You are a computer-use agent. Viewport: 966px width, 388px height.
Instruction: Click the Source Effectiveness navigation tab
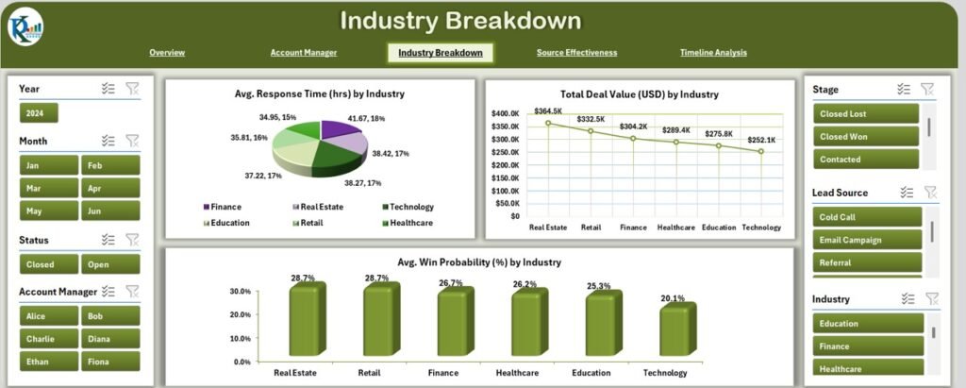[x=576, y=53]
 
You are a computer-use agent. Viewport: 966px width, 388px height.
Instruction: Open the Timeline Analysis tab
[x=712, y=53]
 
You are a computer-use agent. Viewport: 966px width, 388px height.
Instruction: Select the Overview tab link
[x=167, y=53]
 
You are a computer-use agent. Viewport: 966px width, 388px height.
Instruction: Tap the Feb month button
[x=109, y=165]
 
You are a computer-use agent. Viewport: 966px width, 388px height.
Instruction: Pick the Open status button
[x=109, y=264]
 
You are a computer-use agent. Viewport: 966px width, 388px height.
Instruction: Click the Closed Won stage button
[x=865, y=136]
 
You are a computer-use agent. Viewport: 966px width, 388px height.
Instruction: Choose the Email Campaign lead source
[x=865, y=240]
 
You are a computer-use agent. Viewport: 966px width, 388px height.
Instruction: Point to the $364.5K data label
[x=548, y=111]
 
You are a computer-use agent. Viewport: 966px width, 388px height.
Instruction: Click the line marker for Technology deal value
[x=760, y=151]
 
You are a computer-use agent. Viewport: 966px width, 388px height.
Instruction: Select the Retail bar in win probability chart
[x=376, y=320]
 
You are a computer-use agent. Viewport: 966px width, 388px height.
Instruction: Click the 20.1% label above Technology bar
[x=672, y=299]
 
